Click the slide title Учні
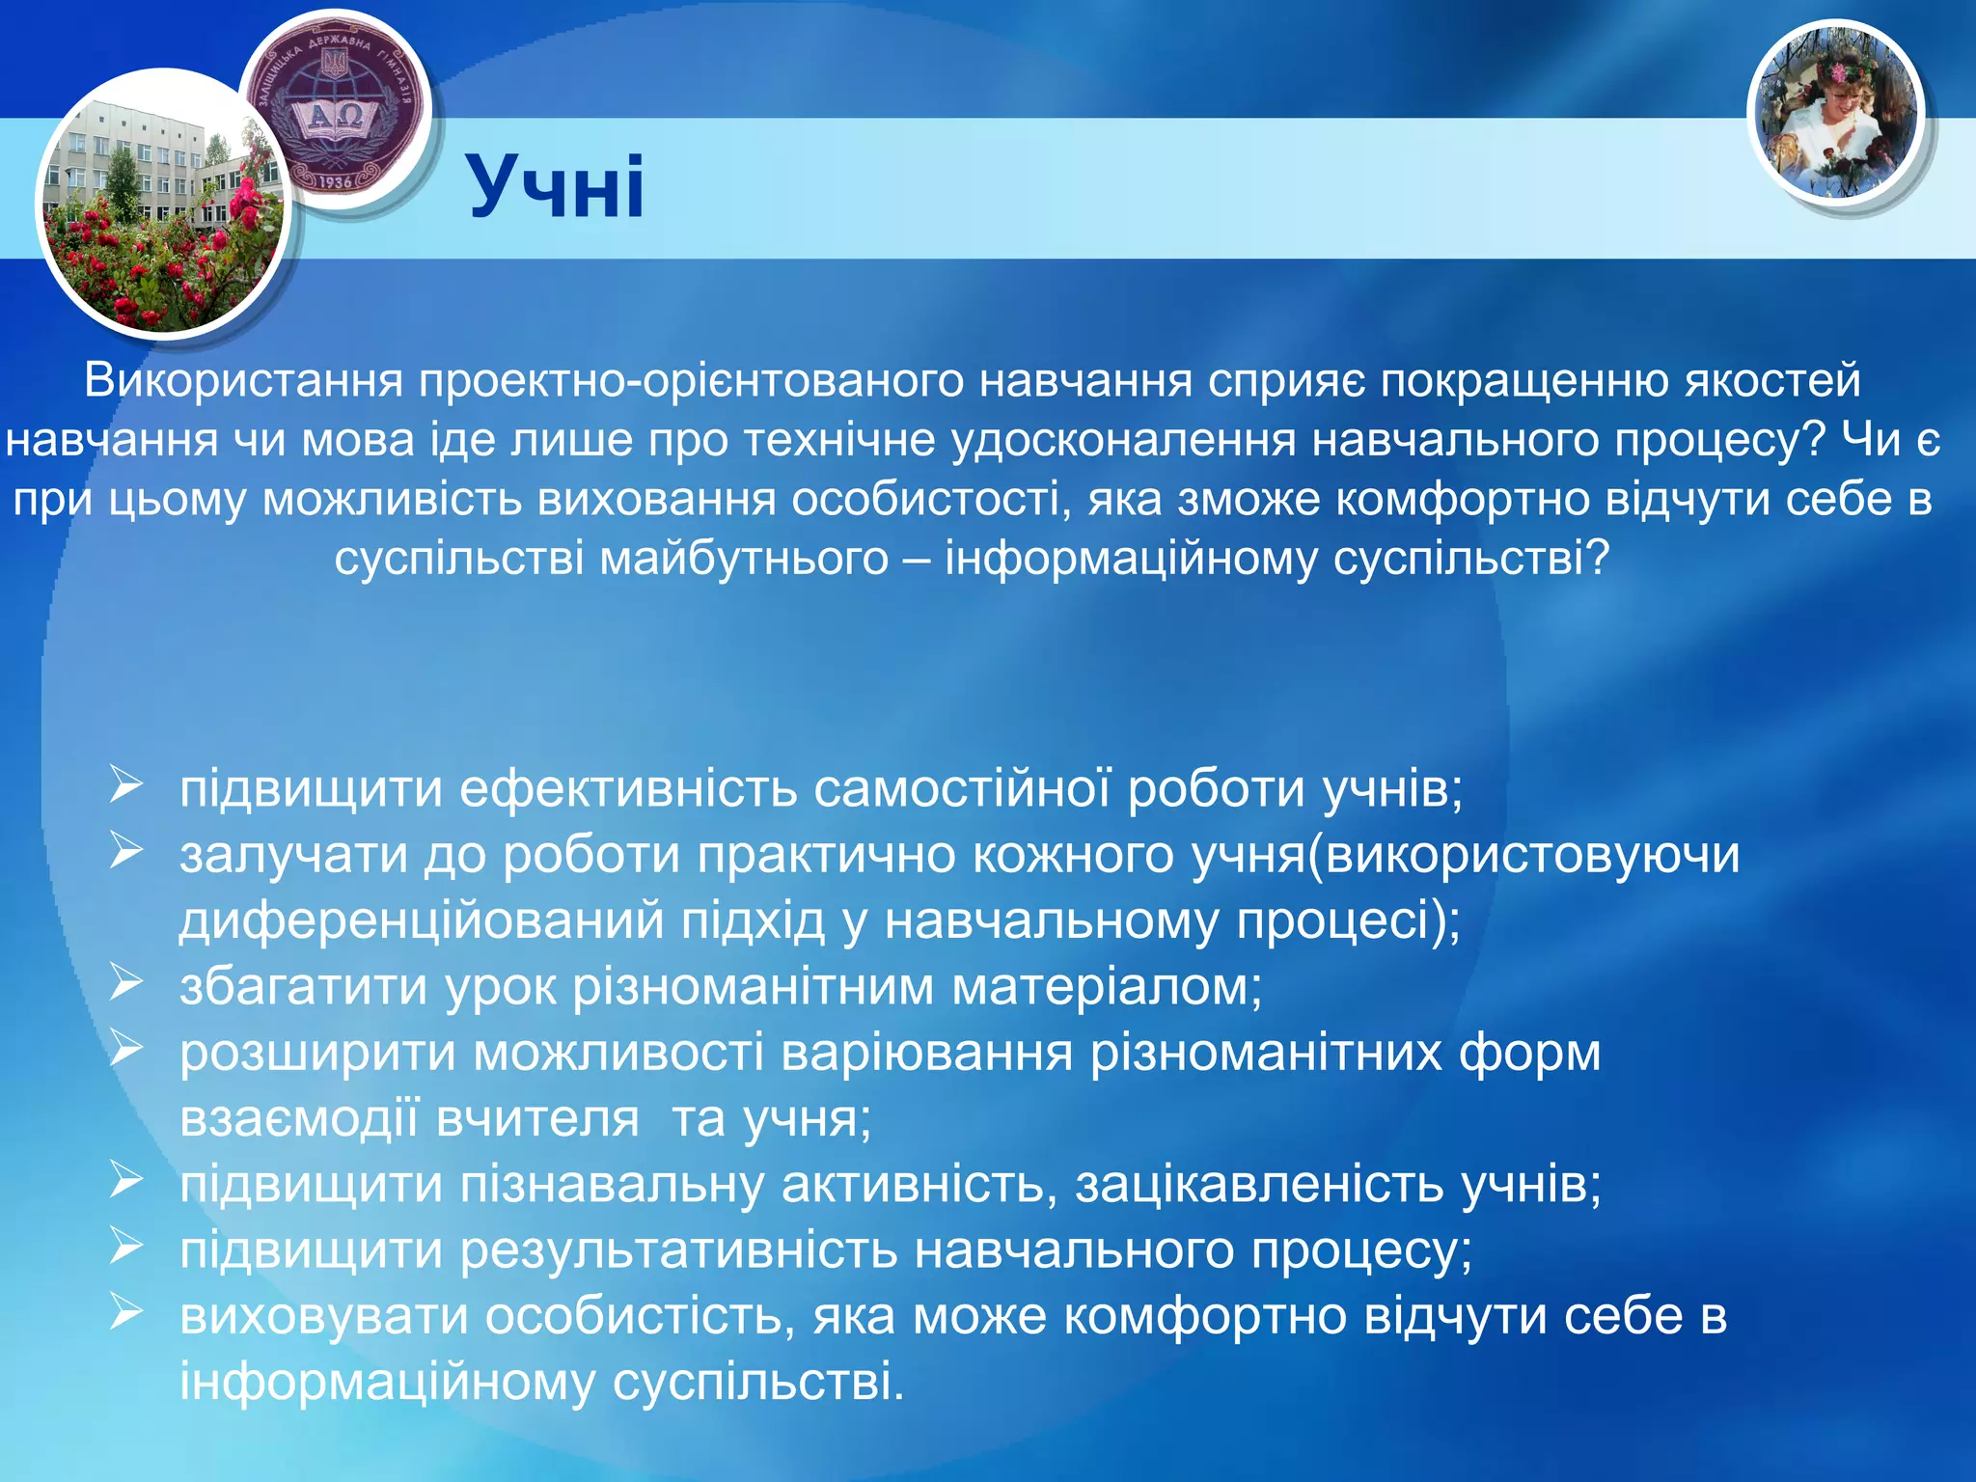point(556,187)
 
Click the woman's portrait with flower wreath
point(1836,114)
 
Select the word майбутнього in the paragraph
point(744,559)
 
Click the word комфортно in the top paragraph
point(1463,500)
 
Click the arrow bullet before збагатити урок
point(126,984)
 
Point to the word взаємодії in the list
point(300,1118)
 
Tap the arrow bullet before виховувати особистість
point(126,1313)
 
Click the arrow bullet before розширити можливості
point(126,1050)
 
